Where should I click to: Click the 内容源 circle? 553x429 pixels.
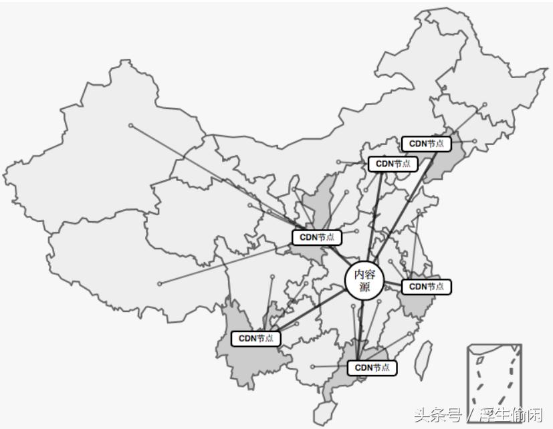click(x=365, y=280)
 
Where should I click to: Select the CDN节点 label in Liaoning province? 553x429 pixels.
click(x=427, y=143)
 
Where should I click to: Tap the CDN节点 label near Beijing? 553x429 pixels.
click(x=393, y=163)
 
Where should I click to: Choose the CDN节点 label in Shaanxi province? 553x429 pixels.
click(x=317, y=237)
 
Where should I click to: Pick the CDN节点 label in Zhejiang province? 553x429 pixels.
click(x=427, y=287)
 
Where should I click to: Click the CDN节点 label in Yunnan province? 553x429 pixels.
click(x=256, y=339)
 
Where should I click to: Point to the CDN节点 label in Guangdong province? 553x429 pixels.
click(x=372, y=368)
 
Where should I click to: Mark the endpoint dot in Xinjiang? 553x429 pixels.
click(x=131, y=125)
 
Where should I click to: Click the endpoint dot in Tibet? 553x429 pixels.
click(x=159, y=283)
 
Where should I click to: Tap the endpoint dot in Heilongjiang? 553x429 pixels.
click(x=485, y=104)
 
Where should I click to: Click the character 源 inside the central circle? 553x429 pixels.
click(x=365, y=287)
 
